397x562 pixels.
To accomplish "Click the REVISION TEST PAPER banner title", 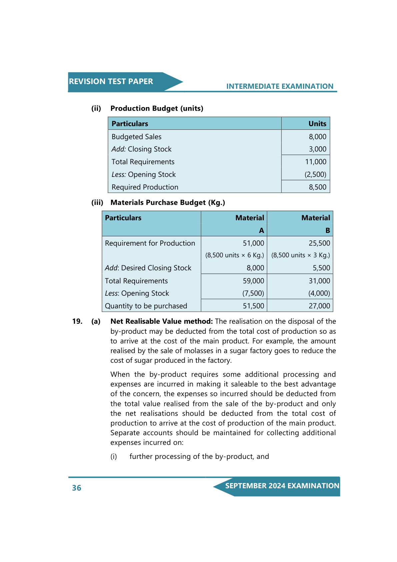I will click(x=111, y=81).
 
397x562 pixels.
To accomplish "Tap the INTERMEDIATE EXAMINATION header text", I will click(x=280, y=86).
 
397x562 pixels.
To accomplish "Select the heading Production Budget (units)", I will click(x=157, y=108).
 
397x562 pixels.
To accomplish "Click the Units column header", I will click(x=317, y=124).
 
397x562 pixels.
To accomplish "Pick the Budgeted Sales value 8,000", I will click(x=317, y=137).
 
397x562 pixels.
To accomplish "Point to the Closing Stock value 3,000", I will click(x=317, y=149).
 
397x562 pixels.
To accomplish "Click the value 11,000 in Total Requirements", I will click(x=316, y=162).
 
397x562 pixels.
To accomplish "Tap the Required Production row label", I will click(x=145, y=187).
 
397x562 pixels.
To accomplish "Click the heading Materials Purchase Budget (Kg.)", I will click(x=168, y=203).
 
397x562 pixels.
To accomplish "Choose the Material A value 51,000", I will click(x=253, y=243).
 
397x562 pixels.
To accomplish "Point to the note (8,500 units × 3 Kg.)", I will click(x=300, y=255).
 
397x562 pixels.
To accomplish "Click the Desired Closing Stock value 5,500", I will click(x=321, y=268).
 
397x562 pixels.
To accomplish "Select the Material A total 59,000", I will click(x=253, y=281).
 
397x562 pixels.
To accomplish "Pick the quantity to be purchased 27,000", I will click(x=319, y=306).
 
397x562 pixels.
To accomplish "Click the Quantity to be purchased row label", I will click(x=146, y=306).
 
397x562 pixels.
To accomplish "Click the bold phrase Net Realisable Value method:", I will click(x=161, y=321).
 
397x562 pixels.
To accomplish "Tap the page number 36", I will click(x=77, y=488).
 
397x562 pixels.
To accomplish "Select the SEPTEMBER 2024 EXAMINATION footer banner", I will click(x=282, y=486).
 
